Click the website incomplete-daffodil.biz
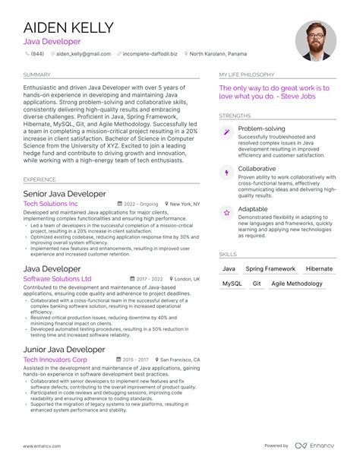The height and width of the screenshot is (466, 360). [x=150, y=55]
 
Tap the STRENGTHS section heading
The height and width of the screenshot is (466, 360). [x=235, y=116]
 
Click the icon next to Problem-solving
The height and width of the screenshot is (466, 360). [x=226, y=132]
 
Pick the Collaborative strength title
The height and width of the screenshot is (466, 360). [x=257, y=169]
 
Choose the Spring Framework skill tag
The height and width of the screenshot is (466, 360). [x=270, y=269]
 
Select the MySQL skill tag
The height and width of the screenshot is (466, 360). [x=232, y=283]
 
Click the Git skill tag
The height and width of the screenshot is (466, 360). [x=257, y=283]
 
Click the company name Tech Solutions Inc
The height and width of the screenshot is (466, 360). [x=50, y=204]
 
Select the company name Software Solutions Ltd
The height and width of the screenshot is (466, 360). [x=57, y=279]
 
